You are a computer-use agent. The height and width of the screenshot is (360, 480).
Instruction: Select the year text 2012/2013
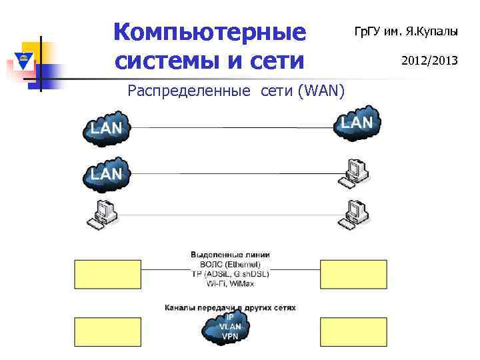429,61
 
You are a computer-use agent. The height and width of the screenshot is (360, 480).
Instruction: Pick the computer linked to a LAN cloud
353,172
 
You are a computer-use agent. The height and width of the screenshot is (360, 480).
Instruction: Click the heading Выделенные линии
230,255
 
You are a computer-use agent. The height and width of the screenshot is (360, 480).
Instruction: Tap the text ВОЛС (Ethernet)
230,264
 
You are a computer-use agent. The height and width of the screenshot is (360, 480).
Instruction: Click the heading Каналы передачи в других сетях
230,308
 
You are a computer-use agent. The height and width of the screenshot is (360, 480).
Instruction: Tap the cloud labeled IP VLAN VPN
229,327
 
